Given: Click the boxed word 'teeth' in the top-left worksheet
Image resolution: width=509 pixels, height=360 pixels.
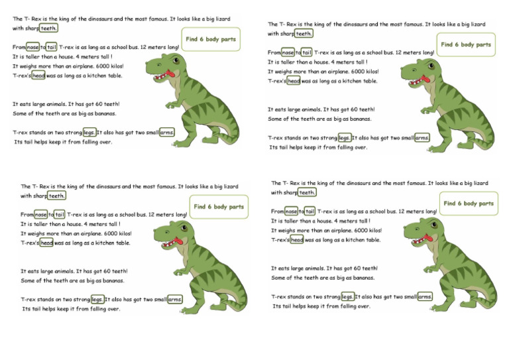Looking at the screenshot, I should (x=48, y=28).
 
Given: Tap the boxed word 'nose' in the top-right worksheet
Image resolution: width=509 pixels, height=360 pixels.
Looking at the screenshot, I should (x=288, y=52).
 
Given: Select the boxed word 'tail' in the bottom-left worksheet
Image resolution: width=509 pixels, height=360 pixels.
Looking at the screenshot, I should (x=60, y=214).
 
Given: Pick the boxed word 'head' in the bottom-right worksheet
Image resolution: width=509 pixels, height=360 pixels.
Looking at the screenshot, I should (x=296, y=240).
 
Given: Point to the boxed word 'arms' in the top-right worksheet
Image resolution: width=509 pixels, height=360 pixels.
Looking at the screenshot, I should (x=422, y=138).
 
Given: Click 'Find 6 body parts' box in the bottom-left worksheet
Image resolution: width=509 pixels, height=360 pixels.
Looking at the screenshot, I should (x=218, y=207).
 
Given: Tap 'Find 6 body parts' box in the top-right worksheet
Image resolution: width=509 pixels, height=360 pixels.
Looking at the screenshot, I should (x=466, y=45).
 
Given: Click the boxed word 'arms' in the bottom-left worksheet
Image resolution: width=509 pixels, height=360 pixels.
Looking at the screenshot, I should (x=174, y=300).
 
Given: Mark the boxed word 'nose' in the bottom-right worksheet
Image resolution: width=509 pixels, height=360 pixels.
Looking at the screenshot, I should (x=291, y=211).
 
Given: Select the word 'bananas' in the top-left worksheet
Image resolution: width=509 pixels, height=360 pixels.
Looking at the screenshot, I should (x=103, y=113).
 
